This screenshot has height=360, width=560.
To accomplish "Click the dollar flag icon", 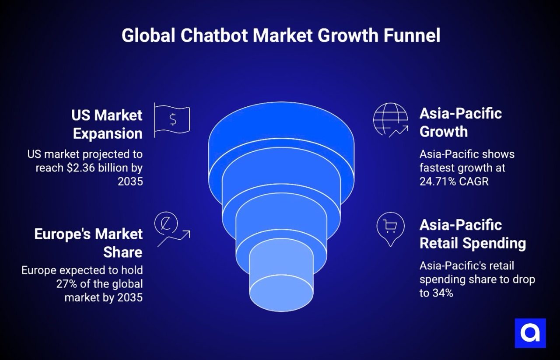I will tap(172, 119).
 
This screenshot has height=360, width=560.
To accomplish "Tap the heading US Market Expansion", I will tap(107, 124).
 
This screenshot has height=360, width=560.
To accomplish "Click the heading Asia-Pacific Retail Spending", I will tap(472, 234).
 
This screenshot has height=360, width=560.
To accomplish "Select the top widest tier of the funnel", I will tap(281, 144).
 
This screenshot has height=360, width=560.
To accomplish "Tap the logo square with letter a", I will tap(530, 333).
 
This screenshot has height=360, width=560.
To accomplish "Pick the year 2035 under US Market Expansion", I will tap(130, 181).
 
